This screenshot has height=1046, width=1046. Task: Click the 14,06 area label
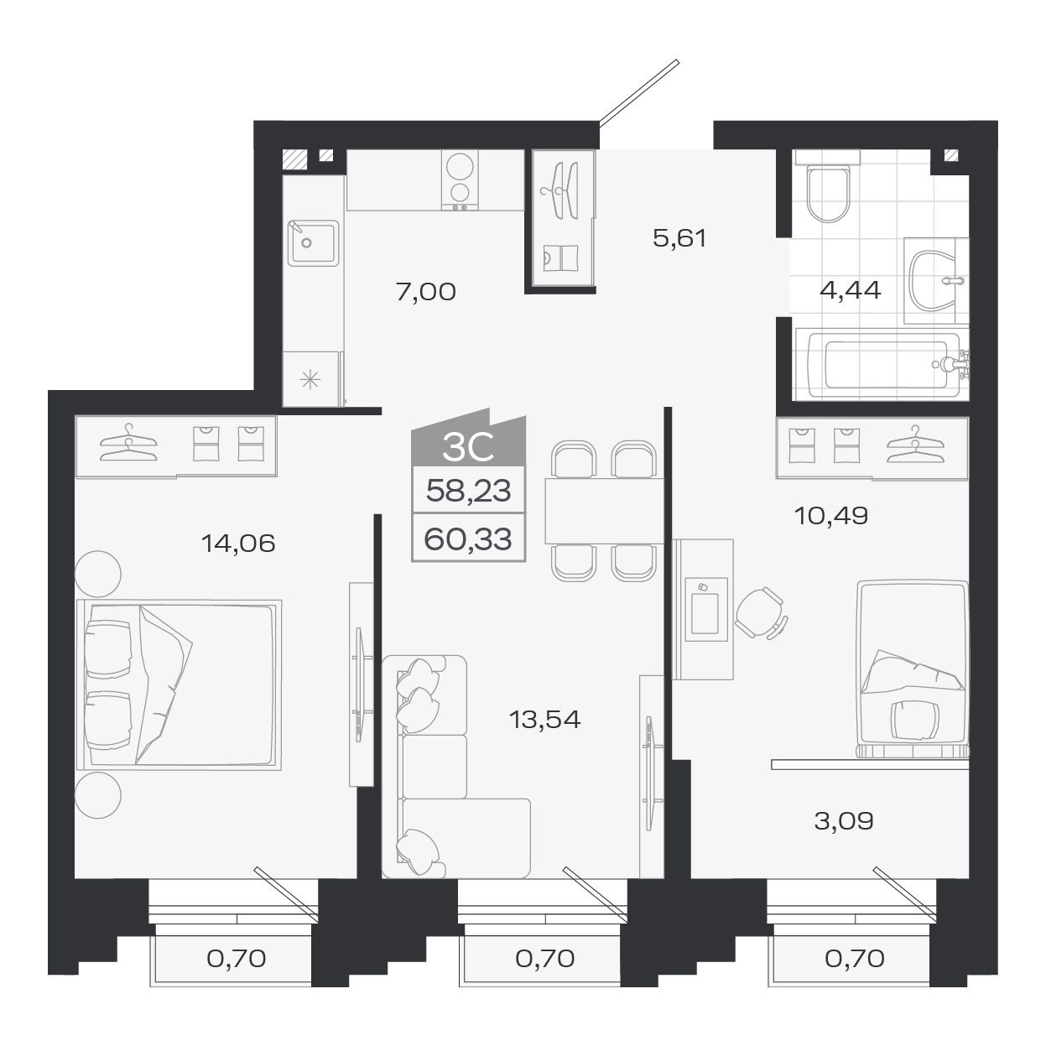click(238, 544)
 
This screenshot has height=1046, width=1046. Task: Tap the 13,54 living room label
click(545, 719)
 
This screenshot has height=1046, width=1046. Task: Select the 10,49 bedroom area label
click(830, 515)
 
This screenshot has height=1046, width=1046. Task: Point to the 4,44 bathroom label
click(850, 290)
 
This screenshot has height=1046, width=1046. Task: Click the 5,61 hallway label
click(679, 238)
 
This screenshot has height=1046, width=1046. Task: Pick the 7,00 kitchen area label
click(425, 291)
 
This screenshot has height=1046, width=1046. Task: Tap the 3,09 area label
click(844, 820)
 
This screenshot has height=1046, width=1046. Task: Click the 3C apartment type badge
click(467, 449)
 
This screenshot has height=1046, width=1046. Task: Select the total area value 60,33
click(468, 538)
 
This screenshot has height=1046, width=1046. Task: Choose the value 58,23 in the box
click(468, 490)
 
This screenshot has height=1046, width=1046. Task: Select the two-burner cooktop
click(460, 180)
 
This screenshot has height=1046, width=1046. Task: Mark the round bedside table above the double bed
click(98, 574)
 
